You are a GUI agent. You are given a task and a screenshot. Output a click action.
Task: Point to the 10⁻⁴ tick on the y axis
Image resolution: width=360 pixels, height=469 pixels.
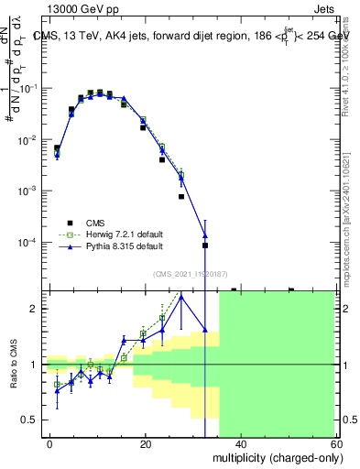click(x=31, y=242)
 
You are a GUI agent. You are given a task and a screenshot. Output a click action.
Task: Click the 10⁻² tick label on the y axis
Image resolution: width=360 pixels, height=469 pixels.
click(x=31, y=139)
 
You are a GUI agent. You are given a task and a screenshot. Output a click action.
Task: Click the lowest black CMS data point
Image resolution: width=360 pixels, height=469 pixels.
click(x=205, y=245)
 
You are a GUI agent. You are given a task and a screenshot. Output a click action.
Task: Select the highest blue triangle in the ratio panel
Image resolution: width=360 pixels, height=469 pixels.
click(x=181, y=296)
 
